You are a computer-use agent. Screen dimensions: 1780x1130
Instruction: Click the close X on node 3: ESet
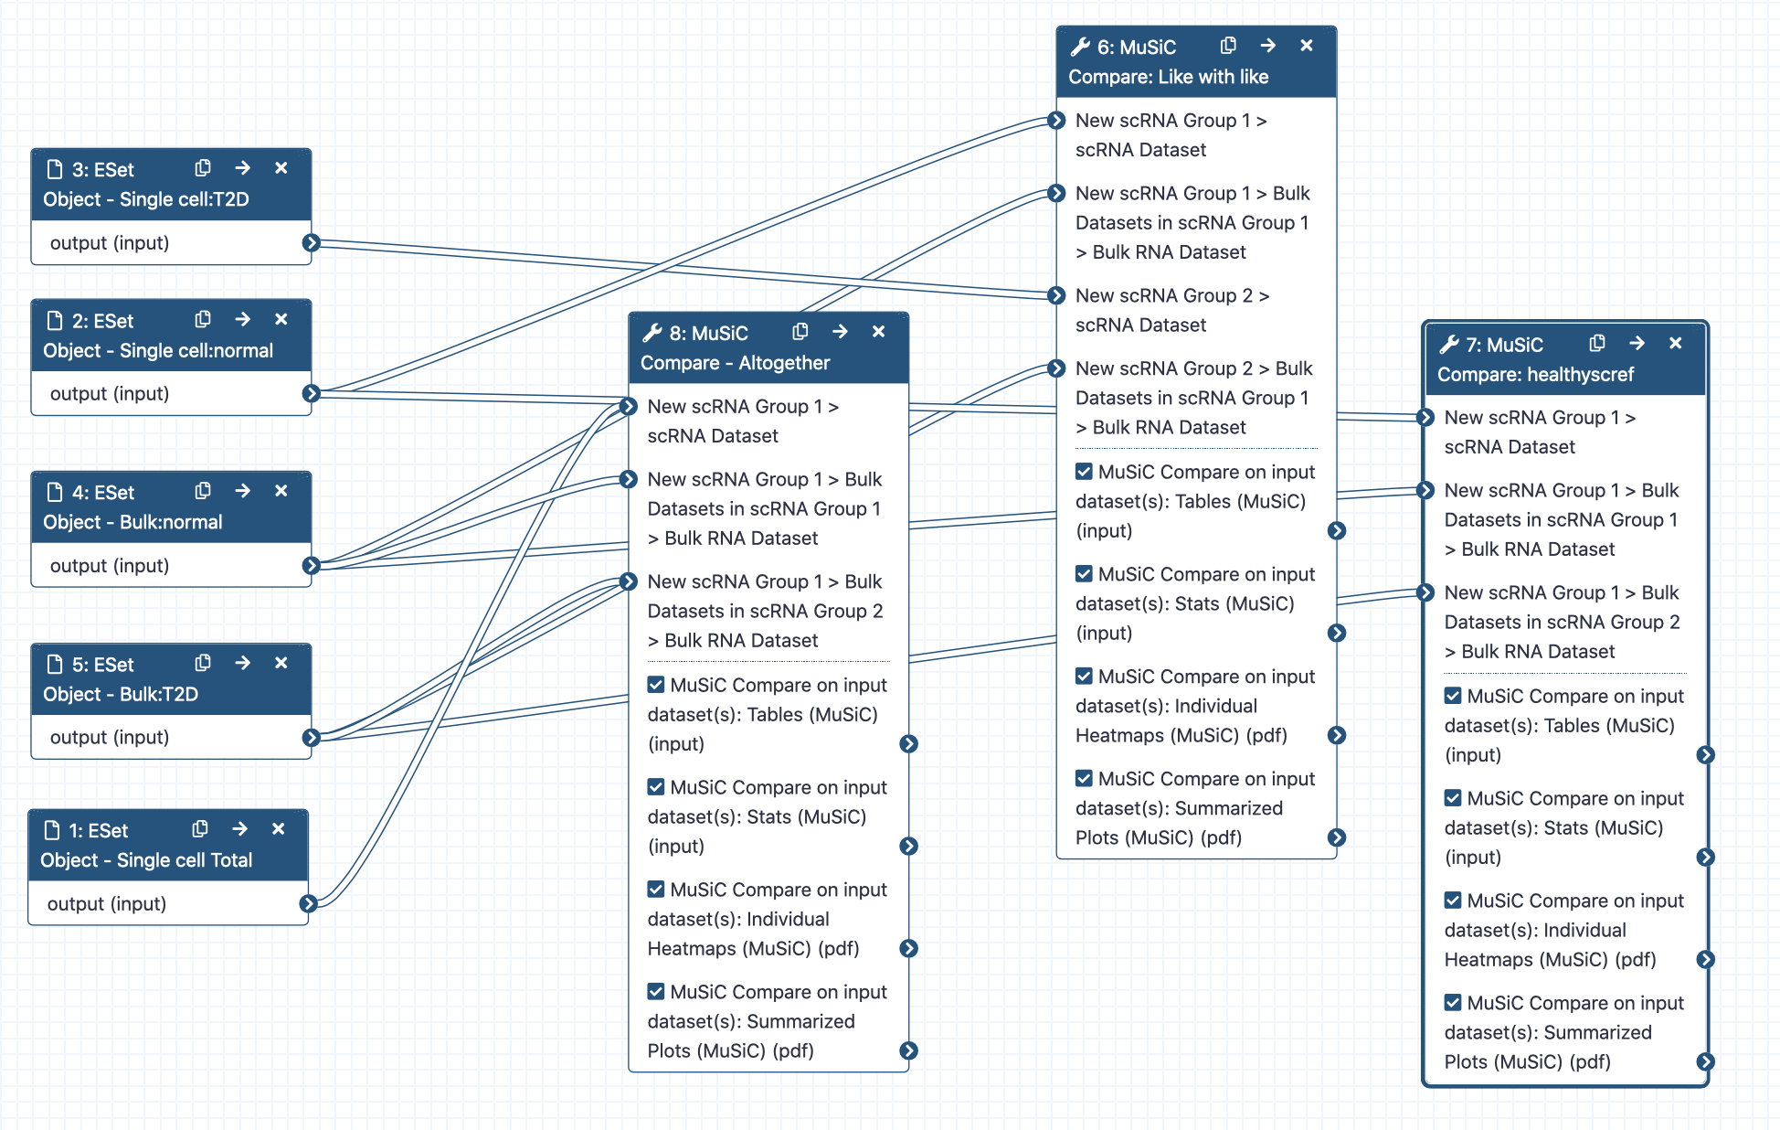281,168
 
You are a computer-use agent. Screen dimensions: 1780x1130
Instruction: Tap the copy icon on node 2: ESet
203,319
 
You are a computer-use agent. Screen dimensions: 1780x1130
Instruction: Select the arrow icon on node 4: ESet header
242,491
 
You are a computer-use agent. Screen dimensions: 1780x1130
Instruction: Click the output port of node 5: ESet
311,738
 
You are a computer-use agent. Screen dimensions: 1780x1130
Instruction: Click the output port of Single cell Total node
308,904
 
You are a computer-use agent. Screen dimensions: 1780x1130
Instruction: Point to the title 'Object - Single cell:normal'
158,351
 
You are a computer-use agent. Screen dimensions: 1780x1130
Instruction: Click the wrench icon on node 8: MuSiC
652,333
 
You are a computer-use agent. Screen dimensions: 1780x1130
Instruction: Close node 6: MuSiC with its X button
1307,46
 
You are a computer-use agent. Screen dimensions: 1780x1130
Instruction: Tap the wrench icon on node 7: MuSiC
1449,345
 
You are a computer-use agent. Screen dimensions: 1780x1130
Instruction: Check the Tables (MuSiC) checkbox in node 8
656,685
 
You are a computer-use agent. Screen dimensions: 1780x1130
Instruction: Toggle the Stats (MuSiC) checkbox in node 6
1084,574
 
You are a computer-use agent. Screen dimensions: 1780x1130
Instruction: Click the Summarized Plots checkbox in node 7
1453,1003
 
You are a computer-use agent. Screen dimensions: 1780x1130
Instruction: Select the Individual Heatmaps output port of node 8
908,949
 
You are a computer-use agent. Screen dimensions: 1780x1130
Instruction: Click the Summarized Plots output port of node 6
1337,838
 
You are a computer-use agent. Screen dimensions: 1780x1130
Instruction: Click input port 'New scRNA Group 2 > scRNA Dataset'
1056,296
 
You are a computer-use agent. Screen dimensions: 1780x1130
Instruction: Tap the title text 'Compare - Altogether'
735,363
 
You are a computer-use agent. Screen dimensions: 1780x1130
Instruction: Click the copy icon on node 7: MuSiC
1597,344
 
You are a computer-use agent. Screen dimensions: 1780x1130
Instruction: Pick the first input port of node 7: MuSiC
1425,418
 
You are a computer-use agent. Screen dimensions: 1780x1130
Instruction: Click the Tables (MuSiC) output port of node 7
1705,755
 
